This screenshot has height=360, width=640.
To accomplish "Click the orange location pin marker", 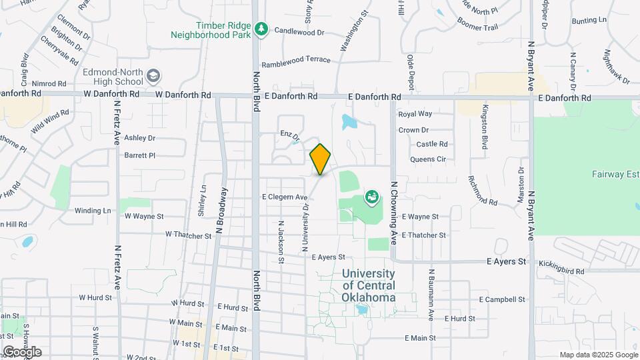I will coord(320,159).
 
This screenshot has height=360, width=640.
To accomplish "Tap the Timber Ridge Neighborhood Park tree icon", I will coord(261,29).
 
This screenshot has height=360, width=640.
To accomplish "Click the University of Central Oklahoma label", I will coord(369,285).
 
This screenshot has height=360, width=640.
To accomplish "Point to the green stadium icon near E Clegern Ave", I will coord(371,197).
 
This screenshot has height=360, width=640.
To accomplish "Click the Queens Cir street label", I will coord(427,159).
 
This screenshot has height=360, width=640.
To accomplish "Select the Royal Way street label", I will coord(415,114).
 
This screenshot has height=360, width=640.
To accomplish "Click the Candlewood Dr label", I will coord(299,31).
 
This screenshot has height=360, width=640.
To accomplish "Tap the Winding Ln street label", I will coord(93,211).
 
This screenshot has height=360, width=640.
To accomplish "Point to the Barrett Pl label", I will coord(139,155).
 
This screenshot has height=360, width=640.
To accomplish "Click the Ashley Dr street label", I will coord(139,138).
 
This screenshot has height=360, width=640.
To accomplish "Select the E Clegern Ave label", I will coord(284,197).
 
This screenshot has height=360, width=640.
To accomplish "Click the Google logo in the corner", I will coord(21,352).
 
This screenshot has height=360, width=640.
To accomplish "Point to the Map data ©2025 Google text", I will coord(599,355).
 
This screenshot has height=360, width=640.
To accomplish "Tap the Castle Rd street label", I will coord(432,144).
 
